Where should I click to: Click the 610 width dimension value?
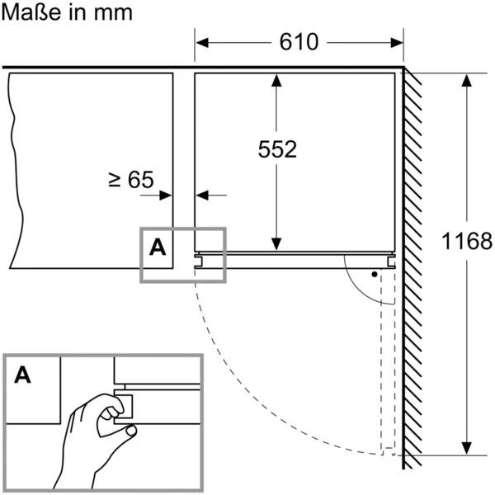pyautogui.click(x=299, y=42)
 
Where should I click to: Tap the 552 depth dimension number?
pyautogui.click(x=277, y=149)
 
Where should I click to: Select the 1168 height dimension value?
pyautogui.click(x=466, y=243)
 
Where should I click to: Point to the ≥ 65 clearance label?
pyautogui.click(x=131, y=178)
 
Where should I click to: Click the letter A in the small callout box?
pyautogui.click(x=158, y=247)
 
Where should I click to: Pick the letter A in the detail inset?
pyautogui.click(x=24, y=375)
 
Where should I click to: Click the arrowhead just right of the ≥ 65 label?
pyautogui.click(x=167, y=196)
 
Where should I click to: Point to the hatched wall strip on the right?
pyautogui.click(x=411, y=264)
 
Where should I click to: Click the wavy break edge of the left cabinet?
pyautogui.click(x=12, y=165)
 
